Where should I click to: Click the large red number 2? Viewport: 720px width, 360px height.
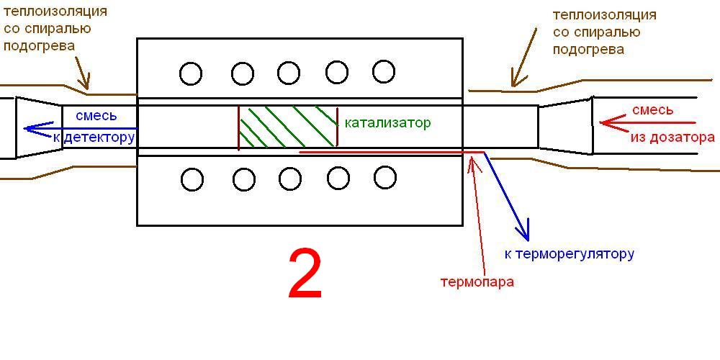(305, 274)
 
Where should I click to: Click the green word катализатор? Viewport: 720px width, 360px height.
(387, 123)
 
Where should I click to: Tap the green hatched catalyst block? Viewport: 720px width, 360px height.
(288, 127)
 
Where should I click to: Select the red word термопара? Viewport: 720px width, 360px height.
(477, 282)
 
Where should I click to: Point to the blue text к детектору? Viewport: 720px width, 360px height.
(94, 137)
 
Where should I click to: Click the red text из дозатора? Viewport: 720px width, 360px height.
(673, 137)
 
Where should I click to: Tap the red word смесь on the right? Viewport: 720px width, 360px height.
(652, 110)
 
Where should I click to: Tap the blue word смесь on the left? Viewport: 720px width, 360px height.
(96, 115)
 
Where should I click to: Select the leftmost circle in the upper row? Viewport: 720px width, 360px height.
(191, 73)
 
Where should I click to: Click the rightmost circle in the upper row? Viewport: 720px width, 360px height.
(384, 71)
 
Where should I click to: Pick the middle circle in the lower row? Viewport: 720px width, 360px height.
(289, 178)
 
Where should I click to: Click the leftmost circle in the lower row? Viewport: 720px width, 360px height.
(192, 179)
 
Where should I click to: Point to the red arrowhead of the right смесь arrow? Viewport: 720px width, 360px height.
(606, 124)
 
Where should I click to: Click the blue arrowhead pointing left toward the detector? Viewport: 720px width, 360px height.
(29, 129)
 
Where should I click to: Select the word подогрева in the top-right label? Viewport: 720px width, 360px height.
(588, 50)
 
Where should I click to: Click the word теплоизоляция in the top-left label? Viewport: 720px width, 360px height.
(55, 12)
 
